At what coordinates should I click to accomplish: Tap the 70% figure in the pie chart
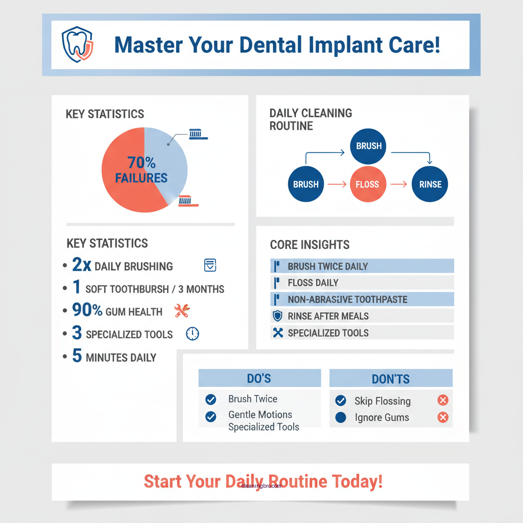(x=141, y=162)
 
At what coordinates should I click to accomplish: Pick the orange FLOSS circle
(x=367, y=184)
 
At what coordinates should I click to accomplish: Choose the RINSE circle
(x=430, y=184)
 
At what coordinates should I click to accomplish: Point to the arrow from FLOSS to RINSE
(x=401, y=184)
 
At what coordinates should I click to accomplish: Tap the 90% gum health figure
(x=87, y=311)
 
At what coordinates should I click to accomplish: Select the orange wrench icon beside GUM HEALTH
(x=182, y=311)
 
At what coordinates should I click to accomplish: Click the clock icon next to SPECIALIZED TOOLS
(x=193, y=334)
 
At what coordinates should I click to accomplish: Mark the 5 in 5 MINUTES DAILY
(x=77, y=356)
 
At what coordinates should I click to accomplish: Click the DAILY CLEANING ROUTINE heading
(x=311, y=119)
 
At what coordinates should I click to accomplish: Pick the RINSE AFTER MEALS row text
(x=328, y=316)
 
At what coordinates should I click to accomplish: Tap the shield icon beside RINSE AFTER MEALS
(x=277, y=316)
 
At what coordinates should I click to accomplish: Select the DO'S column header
(x=259, y=378)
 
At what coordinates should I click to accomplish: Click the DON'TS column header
(x=391, y=378)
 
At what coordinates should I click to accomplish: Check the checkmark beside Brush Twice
(x=210, y=399)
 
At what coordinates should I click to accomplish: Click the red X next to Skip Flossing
(x=443, y=400)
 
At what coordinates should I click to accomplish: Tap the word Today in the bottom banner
(x=357, y=481)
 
